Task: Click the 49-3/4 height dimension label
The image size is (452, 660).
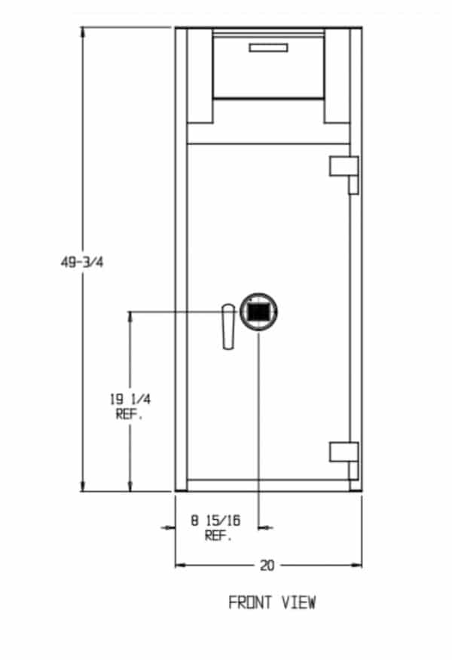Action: pos(82,262)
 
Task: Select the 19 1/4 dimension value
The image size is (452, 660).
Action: pos(130,399)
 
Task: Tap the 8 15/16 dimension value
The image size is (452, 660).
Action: pos(215,520)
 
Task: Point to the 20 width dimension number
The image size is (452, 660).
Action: pos(267,565)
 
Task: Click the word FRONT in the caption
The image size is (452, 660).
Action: pos(250,603)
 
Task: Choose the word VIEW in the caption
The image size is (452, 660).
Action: pos(298,603)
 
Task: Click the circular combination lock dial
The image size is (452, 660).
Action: pos(258,312)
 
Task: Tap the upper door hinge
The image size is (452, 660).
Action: pos(344,175)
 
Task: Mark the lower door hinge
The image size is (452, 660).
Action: pos(344,460)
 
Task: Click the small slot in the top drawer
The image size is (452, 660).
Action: pos(269,48)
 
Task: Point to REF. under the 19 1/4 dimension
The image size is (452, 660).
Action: pos(130,415)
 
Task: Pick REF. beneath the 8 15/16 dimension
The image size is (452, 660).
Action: pos(218,536)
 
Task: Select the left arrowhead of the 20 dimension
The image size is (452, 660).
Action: pos(181,565)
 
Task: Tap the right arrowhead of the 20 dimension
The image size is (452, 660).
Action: pos(356,565)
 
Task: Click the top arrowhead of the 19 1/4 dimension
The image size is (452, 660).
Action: pos(130,318)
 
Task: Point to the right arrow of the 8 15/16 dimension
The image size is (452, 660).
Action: pos(265,527)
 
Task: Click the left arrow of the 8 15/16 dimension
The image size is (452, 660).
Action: pos(169,527)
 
